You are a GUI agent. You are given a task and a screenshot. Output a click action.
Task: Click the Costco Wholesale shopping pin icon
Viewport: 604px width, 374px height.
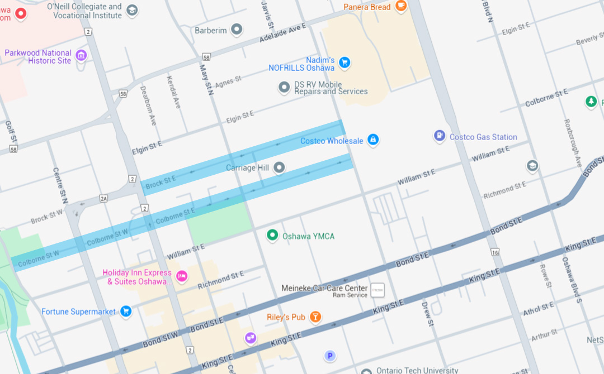(x=373, y=141)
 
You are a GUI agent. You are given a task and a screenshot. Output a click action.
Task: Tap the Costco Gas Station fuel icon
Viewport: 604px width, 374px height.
(x=440, y=136)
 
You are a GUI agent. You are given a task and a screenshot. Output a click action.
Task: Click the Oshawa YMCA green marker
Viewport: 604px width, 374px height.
(x=272, y=236)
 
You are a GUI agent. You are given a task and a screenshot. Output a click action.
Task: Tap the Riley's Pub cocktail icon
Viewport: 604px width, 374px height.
(x=315, y=317)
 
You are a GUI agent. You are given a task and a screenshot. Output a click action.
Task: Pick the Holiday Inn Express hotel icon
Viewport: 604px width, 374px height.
(x=181, y=276)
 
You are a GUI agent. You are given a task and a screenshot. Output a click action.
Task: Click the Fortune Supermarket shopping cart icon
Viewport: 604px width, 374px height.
(x=126, y=311)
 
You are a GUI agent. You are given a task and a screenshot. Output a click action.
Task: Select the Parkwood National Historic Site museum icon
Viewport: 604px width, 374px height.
(x=81, y=55)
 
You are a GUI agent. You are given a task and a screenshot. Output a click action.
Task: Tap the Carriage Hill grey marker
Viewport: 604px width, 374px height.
(x=279, y=167)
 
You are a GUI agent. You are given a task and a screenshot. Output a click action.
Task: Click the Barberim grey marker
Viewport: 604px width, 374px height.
(x=237, y=30)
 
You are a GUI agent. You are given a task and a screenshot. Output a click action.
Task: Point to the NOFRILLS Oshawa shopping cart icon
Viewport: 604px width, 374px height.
(x=345, y=63)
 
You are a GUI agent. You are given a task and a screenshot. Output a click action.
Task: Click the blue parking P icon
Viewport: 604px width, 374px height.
(x=330, y=356)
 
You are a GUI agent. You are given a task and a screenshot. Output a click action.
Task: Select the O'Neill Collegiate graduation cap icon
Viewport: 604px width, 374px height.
(x=132, y=10)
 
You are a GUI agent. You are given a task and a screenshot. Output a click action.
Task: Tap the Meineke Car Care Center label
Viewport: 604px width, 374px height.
(x=324, y=289)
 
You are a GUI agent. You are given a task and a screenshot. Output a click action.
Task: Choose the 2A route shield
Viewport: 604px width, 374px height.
(x=103, y=198)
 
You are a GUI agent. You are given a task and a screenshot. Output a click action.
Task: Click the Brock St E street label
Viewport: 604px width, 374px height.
(x=161, y=181)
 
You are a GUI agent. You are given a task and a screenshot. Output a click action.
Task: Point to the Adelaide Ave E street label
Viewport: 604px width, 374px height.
(x=282, y=34)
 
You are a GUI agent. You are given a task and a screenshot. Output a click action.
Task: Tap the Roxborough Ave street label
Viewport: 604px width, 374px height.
(x=573, y=143)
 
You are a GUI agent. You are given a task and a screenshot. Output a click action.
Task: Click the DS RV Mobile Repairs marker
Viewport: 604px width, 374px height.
(x=284, y=88)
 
